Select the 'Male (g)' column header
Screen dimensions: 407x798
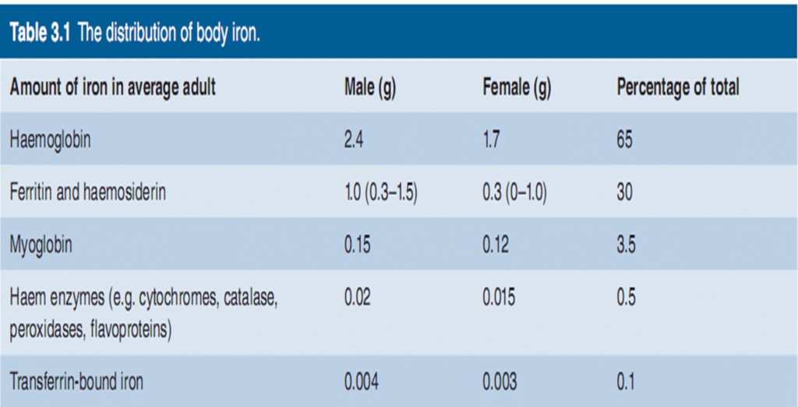pos(370,88)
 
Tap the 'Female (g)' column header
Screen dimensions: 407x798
pos(517,88)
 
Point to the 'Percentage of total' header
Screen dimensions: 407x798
pos(677,88)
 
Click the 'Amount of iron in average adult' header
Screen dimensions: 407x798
pos(112,88)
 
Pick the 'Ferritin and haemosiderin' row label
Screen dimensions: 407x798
pos(87,193)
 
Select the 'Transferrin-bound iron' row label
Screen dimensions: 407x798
pos(76,382)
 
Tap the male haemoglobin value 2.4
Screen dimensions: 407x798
pos(354,140)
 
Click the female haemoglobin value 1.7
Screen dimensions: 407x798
pos(492,140)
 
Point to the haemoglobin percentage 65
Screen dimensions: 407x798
pos(625,140)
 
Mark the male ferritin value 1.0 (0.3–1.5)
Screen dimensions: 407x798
pos(381,193)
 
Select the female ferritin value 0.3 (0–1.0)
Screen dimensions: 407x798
pos(514,193)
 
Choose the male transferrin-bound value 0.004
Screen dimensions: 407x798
pos(362,382)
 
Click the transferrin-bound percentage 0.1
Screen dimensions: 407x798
pos(626,382)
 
